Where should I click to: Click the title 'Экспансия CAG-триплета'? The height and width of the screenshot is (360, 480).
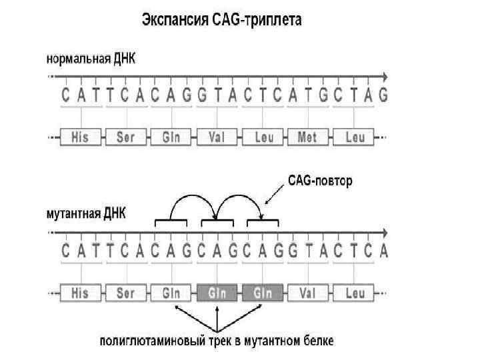coord(221,20)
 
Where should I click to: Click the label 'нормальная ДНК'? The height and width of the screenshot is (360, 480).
coord(91,57)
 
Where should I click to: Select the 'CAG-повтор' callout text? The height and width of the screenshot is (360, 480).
coord(320,181)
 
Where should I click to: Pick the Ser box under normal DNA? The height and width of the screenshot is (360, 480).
coord(126,138)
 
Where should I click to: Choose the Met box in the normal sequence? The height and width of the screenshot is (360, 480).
coord(307,138)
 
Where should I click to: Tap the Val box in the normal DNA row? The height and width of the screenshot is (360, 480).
coord(217,138)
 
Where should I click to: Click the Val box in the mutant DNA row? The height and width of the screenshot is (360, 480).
coord(307,293)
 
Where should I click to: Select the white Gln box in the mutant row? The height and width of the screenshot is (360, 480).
coord(171,293)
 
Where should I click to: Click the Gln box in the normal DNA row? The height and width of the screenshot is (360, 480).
coord(171,138)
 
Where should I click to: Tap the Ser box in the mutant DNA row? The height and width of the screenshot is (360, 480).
coord(126,293)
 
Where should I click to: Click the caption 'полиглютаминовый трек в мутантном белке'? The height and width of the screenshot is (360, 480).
coord(217,341)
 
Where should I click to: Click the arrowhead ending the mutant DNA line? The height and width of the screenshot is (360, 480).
coord(385,233)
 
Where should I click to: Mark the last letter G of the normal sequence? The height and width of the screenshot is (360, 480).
coord(383,95)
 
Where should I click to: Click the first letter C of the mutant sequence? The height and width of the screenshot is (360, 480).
coord(65,251)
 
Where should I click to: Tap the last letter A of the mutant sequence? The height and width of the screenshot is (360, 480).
coord(383,251)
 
